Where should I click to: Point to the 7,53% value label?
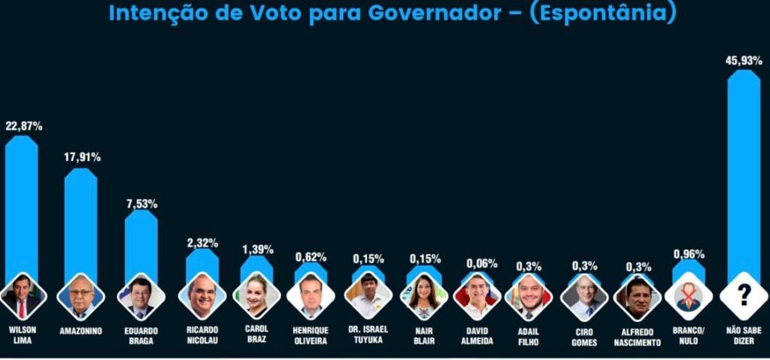pos(141,204)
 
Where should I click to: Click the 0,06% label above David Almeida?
pos(481,263)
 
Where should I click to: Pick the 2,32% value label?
pos(202,243)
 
